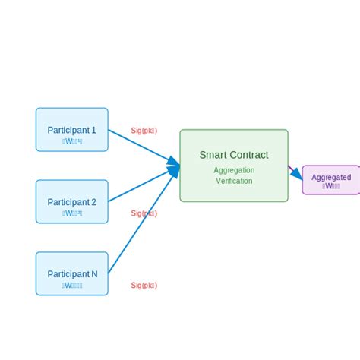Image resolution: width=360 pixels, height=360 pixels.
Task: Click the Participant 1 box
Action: [72, 129]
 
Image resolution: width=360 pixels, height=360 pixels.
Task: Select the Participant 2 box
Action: [72, 201]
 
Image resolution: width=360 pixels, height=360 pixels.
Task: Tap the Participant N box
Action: [72, 273]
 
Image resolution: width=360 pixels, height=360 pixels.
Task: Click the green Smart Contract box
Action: [234, 166]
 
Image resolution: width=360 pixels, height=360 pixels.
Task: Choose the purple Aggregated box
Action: [331, 180]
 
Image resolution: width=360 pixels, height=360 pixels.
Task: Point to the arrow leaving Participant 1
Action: [141, 145]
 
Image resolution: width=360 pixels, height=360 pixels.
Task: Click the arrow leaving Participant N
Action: [141, 225]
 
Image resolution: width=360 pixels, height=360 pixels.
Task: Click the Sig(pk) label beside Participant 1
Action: [144, 131]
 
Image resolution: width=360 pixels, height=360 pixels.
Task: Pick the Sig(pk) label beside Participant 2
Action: [144, 213]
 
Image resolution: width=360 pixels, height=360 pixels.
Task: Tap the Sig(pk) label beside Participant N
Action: [144, 286]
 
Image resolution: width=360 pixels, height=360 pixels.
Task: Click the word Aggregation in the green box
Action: [234, 170]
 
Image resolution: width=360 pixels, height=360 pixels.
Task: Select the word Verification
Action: [234, 181]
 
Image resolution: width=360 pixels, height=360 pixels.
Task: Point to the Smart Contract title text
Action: [234, 155]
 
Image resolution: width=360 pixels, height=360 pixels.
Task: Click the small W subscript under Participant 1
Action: [72, 141]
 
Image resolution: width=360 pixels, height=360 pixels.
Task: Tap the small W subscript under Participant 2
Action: [72, 213]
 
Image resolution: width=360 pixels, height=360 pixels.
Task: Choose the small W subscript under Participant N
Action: [72, 286]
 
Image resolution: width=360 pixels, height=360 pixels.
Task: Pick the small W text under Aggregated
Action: [331, 185]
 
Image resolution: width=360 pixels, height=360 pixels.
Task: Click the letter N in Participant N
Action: [94, 274]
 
